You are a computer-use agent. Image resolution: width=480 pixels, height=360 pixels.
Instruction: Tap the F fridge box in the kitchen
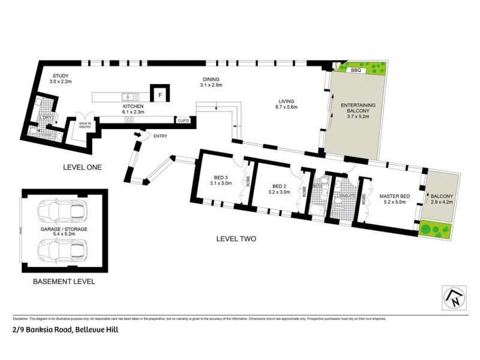pyautogui.click(x=160, y=94)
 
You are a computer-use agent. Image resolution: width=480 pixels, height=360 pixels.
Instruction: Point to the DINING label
pyautogui.click(x=211, y=79)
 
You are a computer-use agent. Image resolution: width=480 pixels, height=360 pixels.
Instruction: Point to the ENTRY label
pyautogui.click(x=160, y=136)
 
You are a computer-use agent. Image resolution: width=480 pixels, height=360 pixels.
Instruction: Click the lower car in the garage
pyautogui.click(x=59, y=247)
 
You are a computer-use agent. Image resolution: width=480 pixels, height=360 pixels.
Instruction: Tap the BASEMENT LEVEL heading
pyautogui.click(x=64, y=281)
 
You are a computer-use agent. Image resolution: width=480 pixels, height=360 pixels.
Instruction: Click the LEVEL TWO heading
pyautogui.click(x=236, y=239)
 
